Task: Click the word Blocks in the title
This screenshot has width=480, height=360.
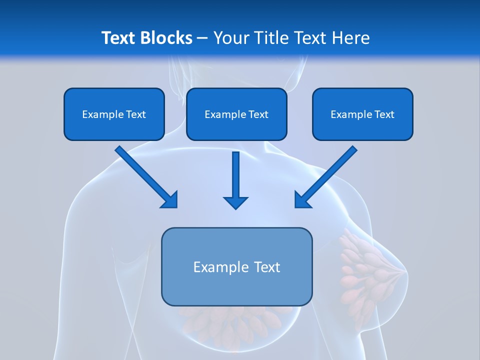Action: tap(166, 38)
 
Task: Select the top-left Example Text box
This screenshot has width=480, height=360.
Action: tap(114, 114)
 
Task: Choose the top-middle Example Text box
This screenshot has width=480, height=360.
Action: tap(236, 114)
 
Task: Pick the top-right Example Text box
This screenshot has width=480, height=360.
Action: tap(362, 114)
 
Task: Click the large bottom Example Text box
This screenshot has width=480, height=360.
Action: tap(236, 266)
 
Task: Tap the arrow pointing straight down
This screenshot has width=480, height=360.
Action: tap(235, 177)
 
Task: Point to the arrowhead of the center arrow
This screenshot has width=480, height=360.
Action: tap(235, 202)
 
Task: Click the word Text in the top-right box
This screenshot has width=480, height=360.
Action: tap(384, 114)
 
